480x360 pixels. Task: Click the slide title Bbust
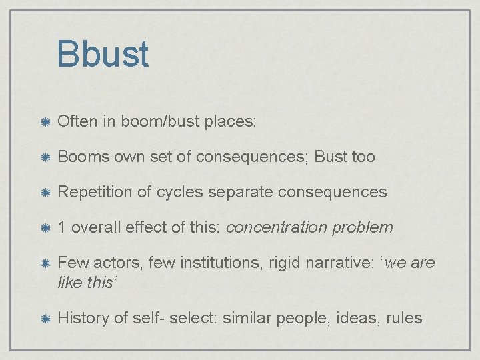point(103,54)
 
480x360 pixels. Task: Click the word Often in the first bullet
point(77,121)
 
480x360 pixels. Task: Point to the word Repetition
point(95,192)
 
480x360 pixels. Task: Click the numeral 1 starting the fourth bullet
point(62,227)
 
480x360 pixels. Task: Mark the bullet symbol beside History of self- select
point(43,318)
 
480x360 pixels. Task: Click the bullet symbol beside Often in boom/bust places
point(43,122)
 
